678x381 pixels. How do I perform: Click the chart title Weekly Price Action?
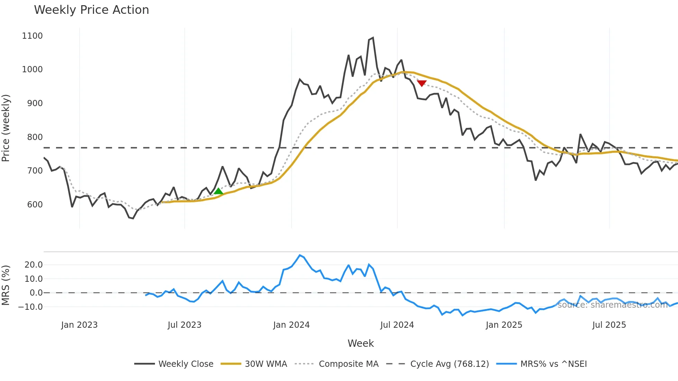[x=91, y=10]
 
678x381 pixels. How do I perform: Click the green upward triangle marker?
[x=218, y=191]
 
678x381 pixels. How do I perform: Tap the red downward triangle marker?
[x=422, y=83]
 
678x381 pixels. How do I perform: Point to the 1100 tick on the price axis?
[x=32, y=36]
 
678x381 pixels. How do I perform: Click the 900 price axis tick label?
[x=35, y=103]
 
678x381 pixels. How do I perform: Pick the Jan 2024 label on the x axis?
[x=291, y=325]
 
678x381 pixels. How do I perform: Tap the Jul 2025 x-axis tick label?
[x=609, y=325]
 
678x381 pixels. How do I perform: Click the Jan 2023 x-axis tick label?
[x=79, y=325]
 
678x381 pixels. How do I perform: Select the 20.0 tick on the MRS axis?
[x=34, y=265]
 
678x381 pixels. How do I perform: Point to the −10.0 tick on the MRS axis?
[x=30, y=307]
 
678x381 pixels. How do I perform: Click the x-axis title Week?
[x=360, y=343]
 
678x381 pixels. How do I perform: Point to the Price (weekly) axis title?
[x=6, y=128]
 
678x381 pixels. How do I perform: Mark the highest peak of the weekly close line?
[x=373, y=38]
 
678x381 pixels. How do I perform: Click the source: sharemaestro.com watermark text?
[x=612, y=305]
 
